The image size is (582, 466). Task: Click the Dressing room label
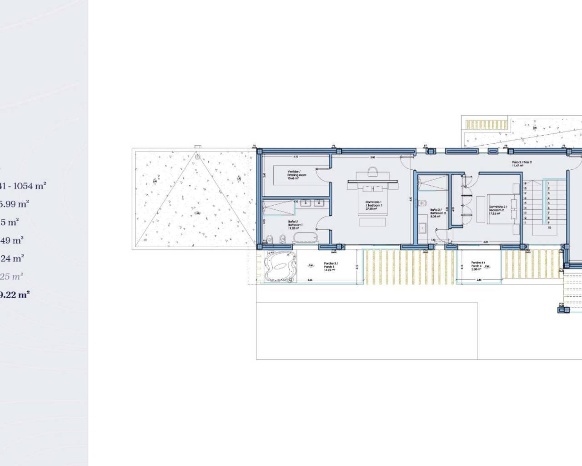tap(296, 175)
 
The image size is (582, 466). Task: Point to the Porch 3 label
tap(330, 267)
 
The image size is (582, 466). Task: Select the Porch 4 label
tap(478, 266)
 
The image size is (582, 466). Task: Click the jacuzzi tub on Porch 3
tap(278, 266)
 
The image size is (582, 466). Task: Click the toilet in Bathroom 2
tap(422, 203)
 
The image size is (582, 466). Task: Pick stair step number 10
tap(549, 228)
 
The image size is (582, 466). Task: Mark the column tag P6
tap(334, 146)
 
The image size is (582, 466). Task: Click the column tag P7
tap(426, 146)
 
